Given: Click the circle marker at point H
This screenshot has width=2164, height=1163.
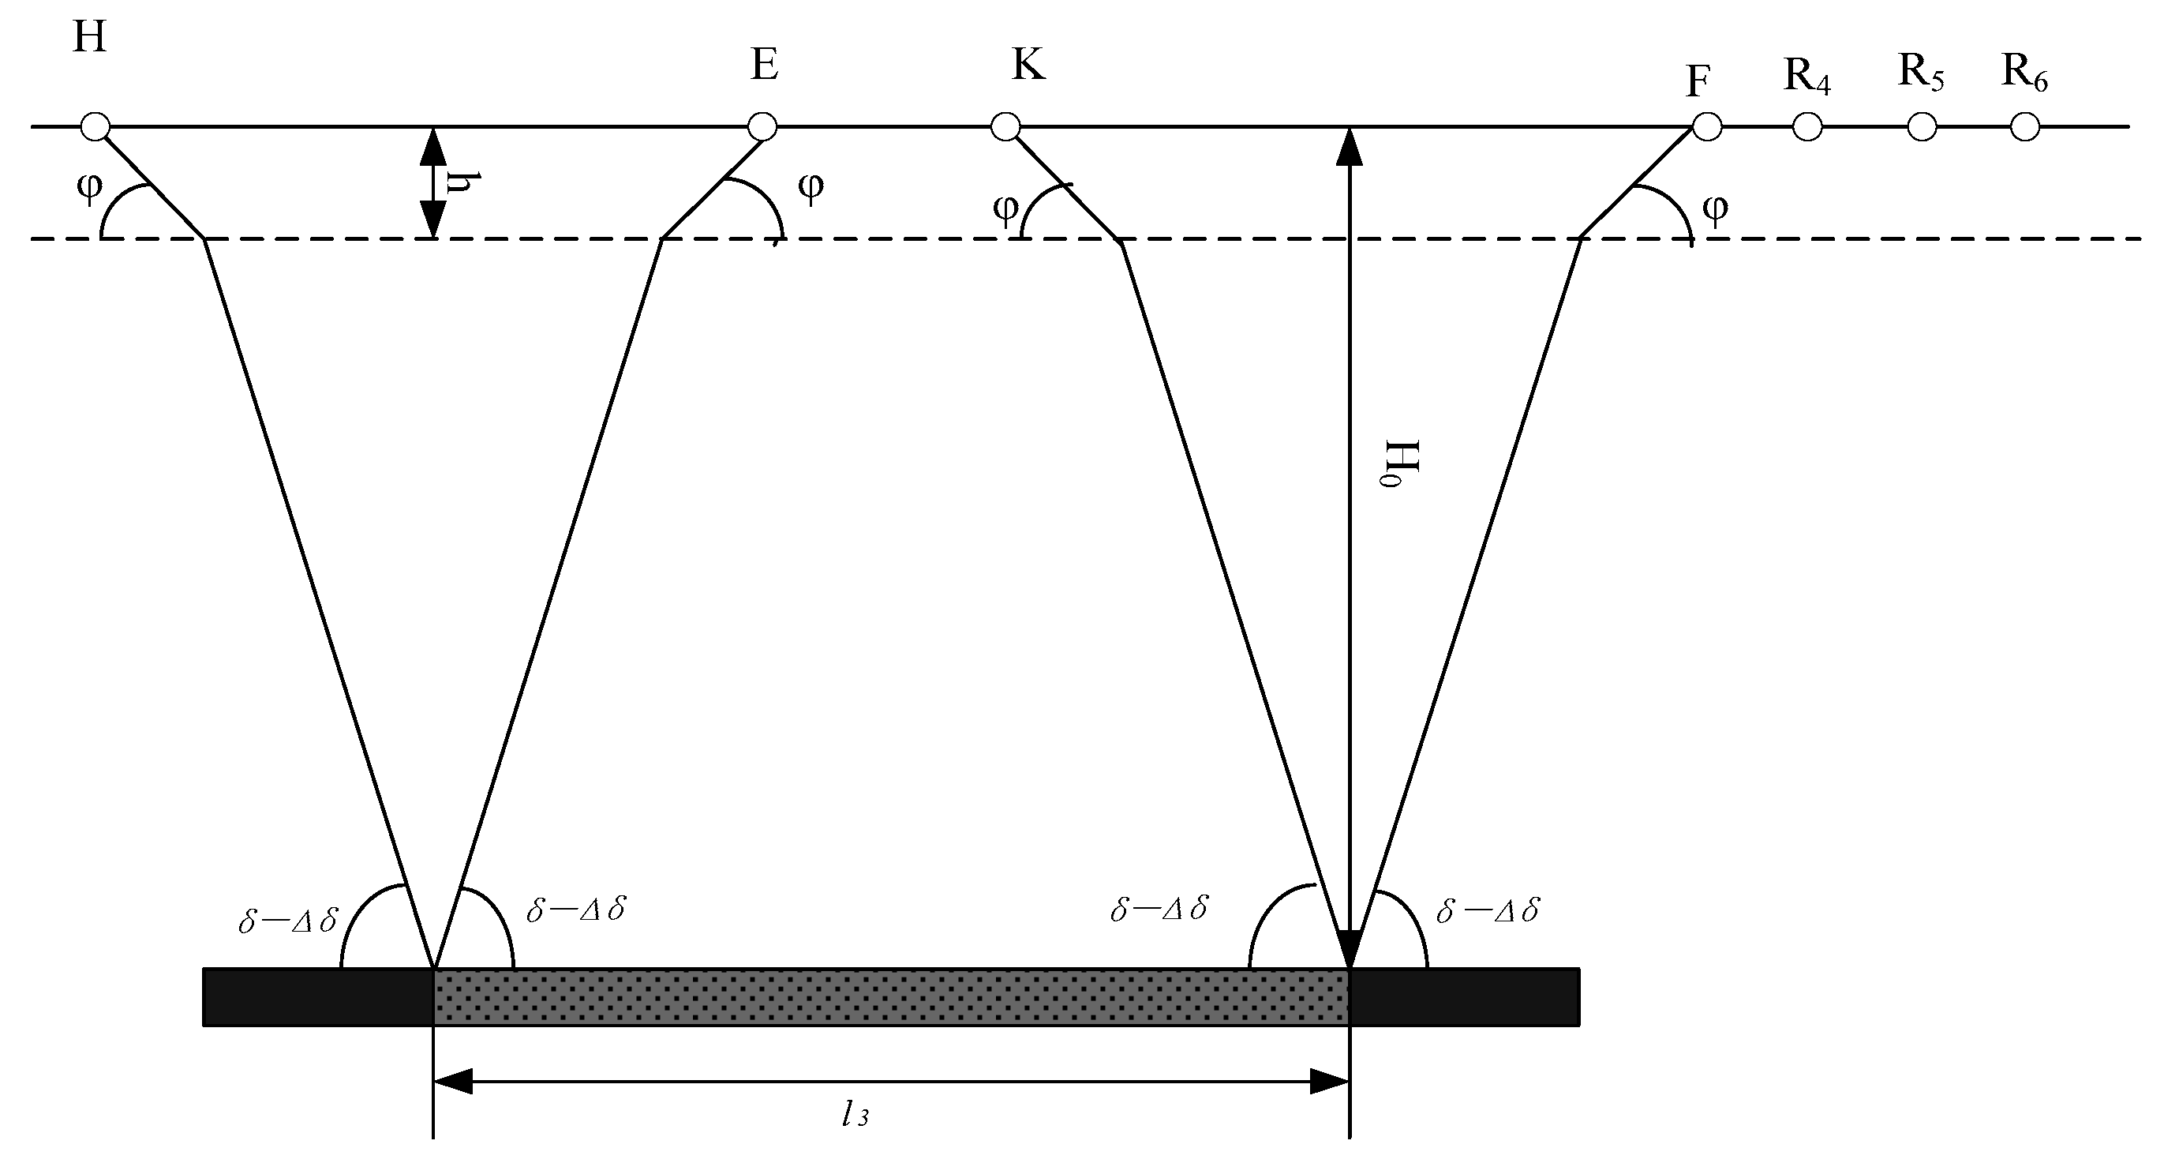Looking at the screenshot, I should click(x=95, y=127).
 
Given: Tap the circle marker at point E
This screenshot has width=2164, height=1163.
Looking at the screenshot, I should click(x=762, y=127).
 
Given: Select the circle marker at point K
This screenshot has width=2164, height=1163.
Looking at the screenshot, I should click(x=1005, y=127).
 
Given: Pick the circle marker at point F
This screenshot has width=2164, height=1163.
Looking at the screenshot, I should click(x=1707, y=127).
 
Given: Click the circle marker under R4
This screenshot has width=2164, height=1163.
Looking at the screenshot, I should click(x=1807, y=127).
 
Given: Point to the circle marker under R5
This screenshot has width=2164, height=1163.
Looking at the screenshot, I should click(x=1922, y=127).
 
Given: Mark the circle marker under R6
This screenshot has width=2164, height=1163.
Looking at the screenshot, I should click(x=2024, y=127).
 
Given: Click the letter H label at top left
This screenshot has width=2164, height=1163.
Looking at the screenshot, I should click(x=89, y=39).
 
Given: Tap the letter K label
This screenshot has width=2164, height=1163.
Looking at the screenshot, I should click(x=1028, y=66).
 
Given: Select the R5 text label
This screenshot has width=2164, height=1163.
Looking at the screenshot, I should click(x=1920, y=73).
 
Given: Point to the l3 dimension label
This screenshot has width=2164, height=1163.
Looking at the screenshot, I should click(x=855, y=1116).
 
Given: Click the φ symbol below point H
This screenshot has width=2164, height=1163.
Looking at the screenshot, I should click(x=88, y=186).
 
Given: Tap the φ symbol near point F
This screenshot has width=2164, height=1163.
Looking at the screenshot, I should click(x=1715, y=208).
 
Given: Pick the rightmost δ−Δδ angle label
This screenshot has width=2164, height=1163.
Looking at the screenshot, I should click(x=1488, y=911).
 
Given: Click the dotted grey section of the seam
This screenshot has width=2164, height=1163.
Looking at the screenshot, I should click(x=890, y=996).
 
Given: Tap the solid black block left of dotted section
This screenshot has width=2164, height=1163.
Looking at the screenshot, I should click(x=317, y=996).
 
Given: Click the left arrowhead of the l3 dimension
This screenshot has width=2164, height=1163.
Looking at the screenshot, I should click(x=454, y=1082).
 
